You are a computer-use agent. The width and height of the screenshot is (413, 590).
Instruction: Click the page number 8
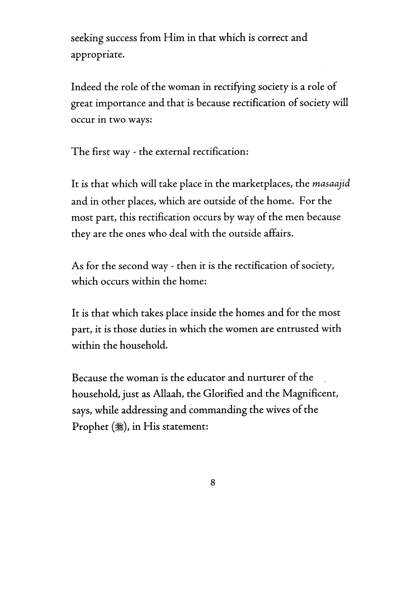tap(212, 483)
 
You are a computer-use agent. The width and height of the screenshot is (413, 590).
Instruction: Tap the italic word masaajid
tap(331, 184)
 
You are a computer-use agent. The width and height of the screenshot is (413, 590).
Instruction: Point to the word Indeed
tap(86, 87)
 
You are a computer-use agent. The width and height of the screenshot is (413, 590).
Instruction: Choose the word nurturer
tap(268, 378)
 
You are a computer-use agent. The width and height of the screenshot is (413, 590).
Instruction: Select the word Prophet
tap(90, 427)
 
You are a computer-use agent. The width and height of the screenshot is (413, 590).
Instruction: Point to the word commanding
tap(218, 410)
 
